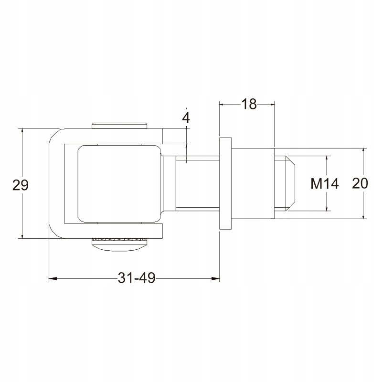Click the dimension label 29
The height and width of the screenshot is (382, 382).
click(x=21, y=185)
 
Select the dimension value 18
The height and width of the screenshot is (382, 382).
click(x=249, y=104)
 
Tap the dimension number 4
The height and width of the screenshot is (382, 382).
click(x=186, y=118)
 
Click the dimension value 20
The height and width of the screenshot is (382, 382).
click(x=360, y=183)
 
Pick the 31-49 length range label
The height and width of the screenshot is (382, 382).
click(x=137, y=278)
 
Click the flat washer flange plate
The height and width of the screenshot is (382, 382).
click(x=225, y=183)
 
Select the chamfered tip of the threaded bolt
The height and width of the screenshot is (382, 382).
click(x=290, y=183)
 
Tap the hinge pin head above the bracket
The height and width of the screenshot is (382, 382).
click(x=119, y=125)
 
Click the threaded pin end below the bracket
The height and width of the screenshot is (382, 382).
click(x=119, y=244)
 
